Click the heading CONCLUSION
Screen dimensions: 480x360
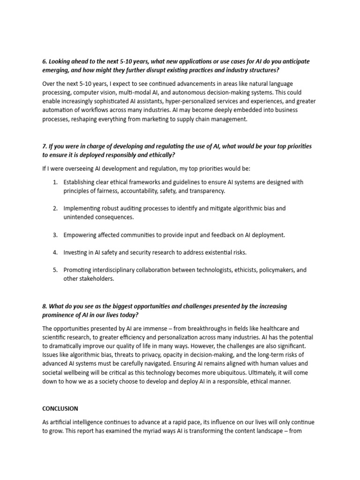tap(60, 408)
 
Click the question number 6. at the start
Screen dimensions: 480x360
tap(45, 61)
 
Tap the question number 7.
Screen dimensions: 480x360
tap(45, 146)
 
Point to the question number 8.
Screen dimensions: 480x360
tap(45, 306)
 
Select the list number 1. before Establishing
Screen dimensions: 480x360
tap(55, 182)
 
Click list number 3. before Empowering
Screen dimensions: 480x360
tap(55, 234)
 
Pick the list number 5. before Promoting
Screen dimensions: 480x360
tap(55, 270)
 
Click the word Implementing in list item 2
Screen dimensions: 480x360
tap(83, 208)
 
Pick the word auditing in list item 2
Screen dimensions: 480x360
tap(124, 208)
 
